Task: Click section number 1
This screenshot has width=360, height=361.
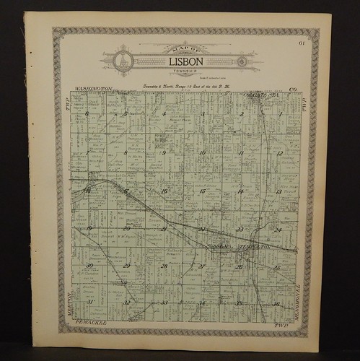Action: click(x=280, y=113)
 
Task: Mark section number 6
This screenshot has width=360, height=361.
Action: click(x=87, y=113)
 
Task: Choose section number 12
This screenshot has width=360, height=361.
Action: click(x=279, y=153)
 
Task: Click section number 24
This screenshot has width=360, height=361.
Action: click(x=278, y=230)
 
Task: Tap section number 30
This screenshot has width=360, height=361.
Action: click(x=88, y=266)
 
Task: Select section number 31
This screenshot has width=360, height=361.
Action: click(x=89, y=302)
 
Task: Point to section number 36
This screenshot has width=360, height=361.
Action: click(x=276, y=303)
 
